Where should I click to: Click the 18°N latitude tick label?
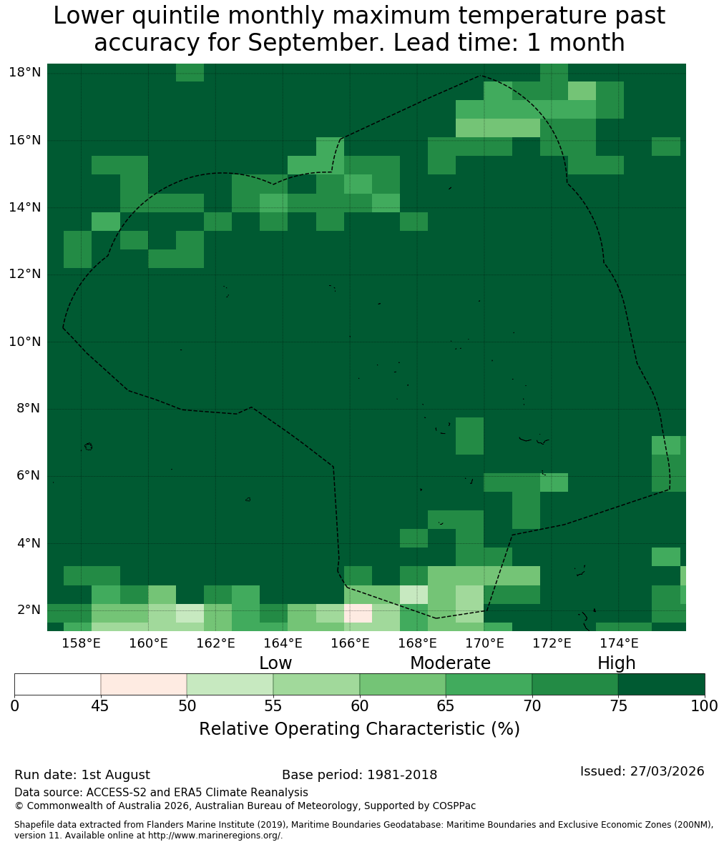[25, 72]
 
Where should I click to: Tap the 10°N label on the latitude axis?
[25, 342]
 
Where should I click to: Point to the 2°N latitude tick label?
[29, 610]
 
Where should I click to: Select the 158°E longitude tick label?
[82, 643]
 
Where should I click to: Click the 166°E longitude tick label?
[351, 643]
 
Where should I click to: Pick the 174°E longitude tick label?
[620, 643]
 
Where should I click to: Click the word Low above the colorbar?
[275, 663]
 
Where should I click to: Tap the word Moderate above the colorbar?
[450, 663]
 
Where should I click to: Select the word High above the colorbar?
[616, 663]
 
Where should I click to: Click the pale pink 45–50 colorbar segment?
[144, 685]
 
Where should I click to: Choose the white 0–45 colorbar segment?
[58, 685]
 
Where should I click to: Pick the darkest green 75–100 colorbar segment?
[661, 685]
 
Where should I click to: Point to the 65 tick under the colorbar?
[446, 705]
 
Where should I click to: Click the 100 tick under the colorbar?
[705, 705]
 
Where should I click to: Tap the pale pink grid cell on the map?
[358, 613]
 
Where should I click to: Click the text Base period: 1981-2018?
[359, 775]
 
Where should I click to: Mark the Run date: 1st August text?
[82, 775]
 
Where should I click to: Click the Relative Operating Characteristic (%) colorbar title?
[359, 728]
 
